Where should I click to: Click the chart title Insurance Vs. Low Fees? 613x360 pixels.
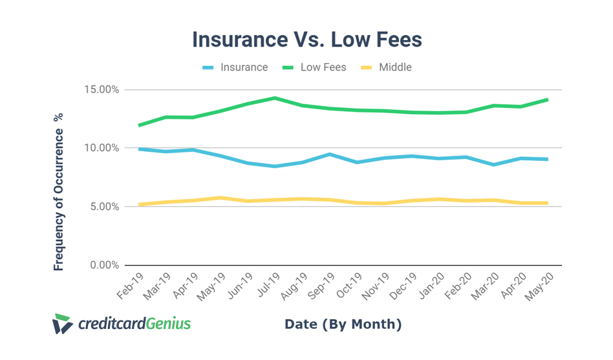[x=306, y=39]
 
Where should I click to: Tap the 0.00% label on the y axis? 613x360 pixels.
[x=105, y=265]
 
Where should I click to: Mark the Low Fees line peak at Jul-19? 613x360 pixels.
[x=275, y=98]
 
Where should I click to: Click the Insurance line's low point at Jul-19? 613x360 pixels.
[x=275, y=166]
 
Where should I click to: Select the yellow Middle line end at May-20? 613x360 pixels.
[x=548, y=203]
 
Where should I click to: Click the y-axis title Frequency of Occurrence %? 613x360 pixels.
[x=59, y=191]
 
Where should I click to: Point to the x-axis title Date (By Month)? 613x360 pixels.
[x=343, y=324]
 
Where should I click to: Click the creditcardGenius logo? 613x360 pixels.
[x=122, y=323]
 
